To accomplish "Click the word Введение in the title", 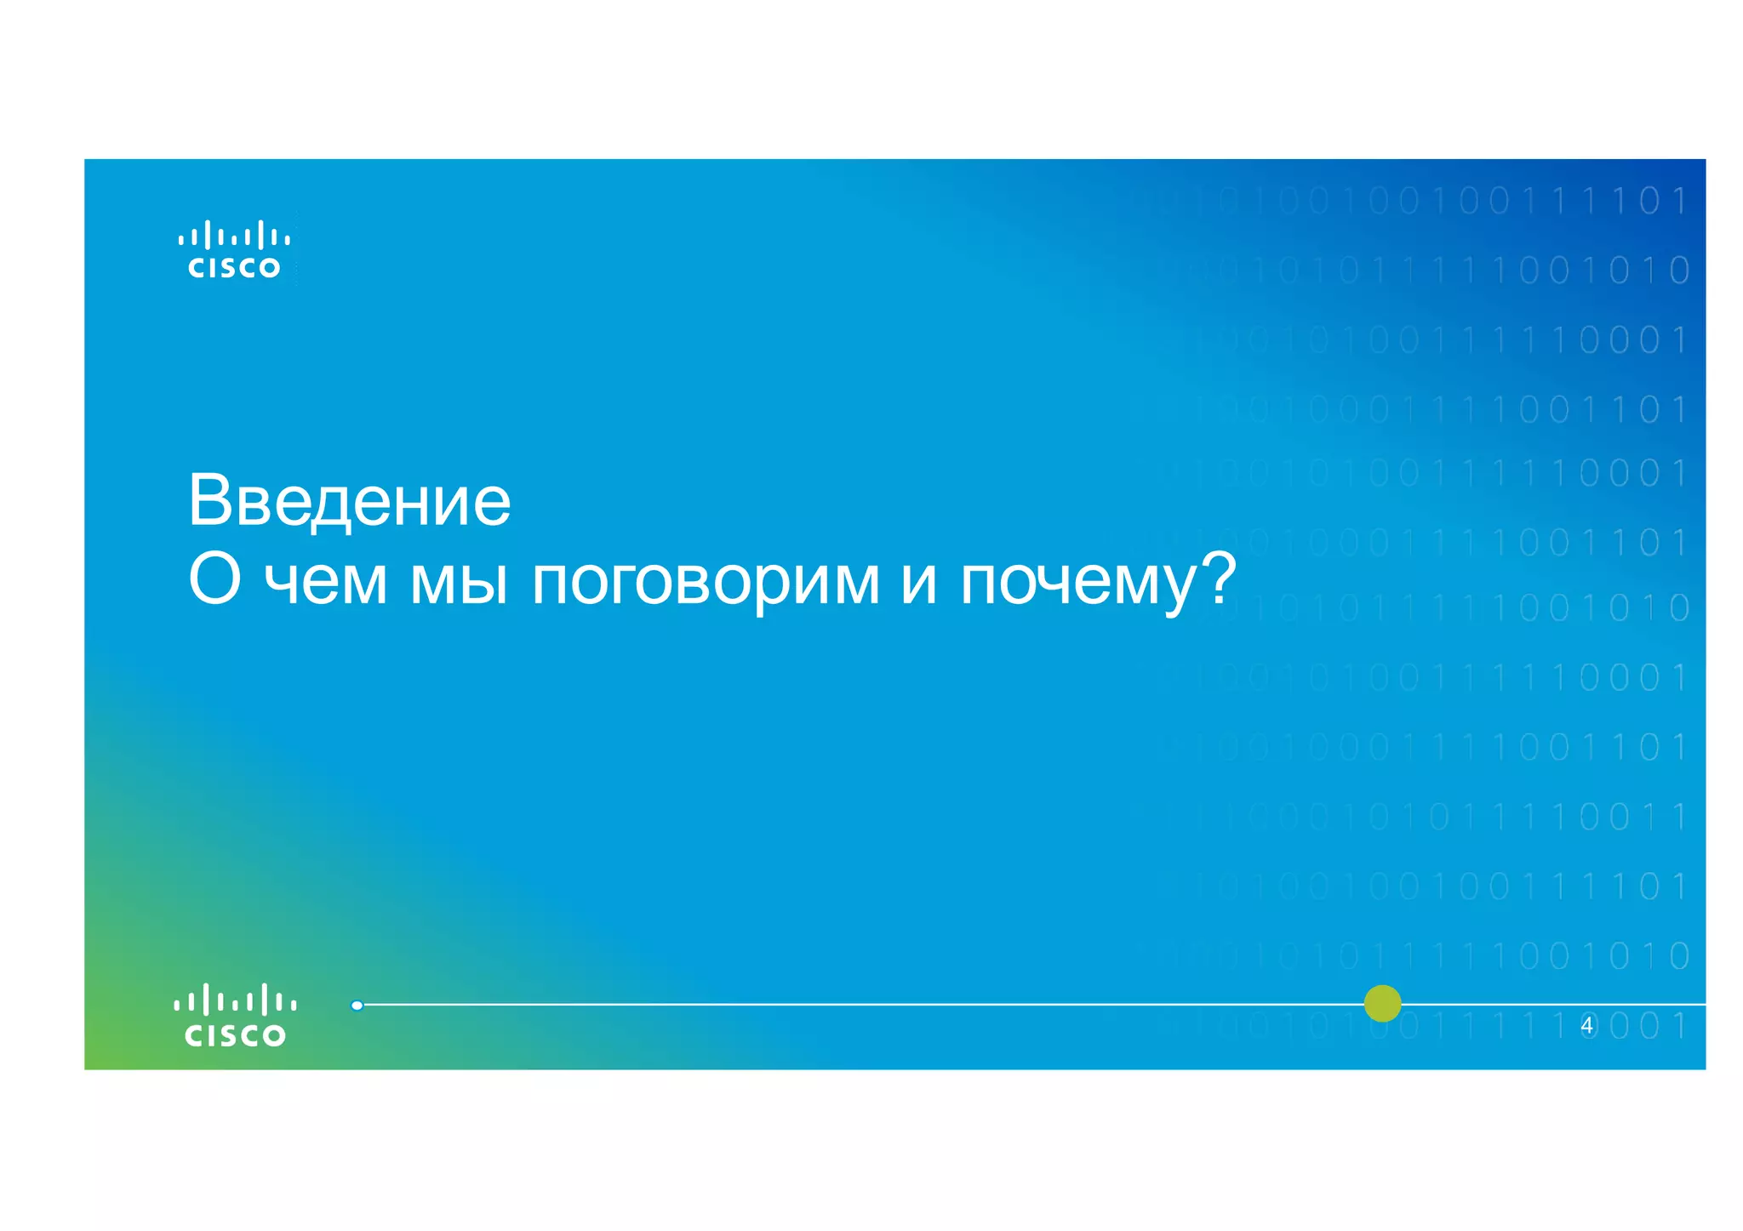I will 349,500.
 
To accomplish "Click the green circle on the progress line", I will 1382,1004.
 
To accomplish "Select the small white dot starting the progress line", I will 357,1006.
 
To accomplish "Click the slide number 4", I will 1586,1026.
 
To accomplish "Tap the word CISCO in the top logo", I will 234,268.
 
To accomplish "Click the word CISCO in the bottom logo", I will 235,1035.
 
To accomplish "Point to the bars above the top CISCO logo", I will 234,235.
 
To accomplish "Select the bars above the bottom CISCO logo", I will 235,1000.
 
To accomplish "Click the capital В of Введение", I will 209,500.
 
